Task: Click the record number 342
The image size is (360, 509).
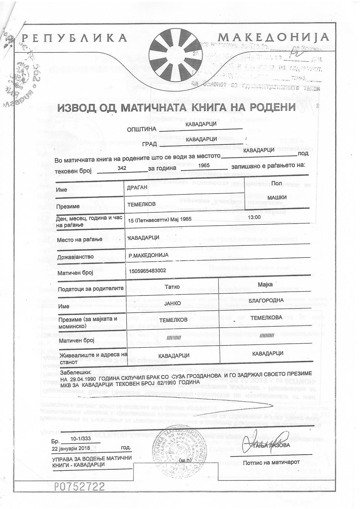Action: coord(122,168)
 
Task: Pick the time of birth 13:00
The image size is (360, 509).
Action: coord(254,217)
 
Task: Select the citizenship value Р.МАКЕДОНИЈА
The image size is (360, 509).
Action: coord(149,255)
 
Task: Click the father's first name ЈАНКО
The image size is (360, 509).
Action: coord(172,303)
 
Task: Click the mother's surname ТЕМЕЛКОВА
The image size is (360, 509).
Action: coord(266,318)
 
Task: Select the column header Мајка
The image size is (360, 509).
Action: coord(265,284)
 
